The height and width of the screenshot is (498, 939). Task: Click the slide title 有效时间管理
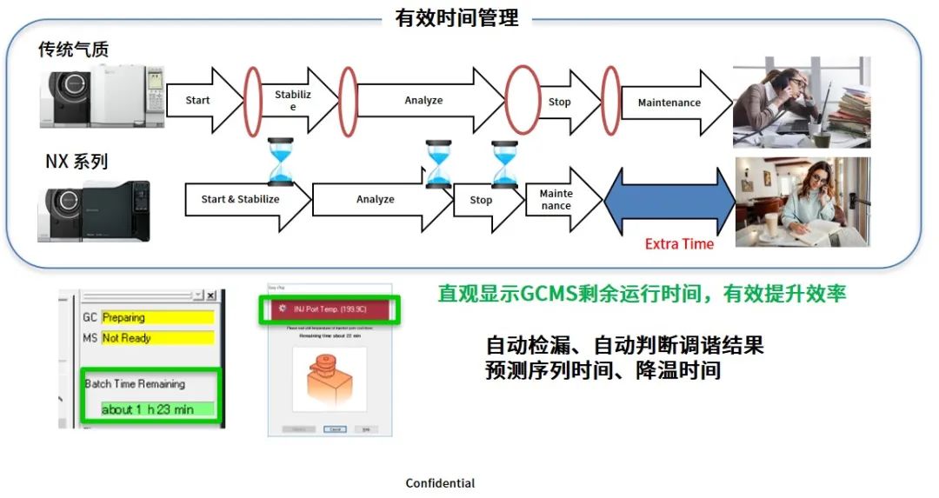(456, 18)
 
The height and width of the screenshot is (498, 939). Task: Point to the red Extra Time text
(679, 244)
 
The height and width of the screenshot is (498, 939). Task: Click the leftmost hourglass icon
(281, 162)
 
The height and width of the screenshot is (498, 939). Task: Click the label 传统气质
(74, 50)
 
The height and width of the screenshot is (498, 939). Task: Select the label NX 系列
(77, 161)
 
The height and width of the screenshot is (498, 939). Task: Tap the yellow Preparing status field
(157, 317)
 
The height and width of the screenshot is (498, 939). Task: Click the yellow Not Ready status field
(157, 338)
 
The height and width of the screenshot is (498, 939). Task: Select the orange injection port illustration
(329, 382)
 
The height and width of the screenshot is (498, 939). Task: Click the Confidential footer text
(440, 483)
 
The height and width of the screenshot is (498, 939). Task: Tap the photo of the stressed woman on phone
(801, 103)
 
